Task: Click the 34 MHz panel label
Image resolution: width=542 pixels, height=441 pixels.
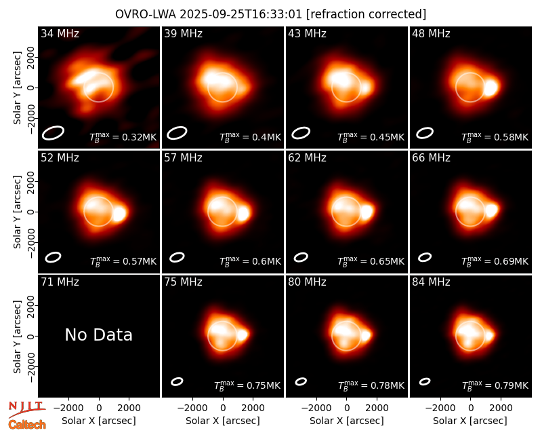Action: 60,33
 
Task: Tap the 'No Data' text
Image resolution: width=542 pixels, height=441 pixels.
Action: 98,334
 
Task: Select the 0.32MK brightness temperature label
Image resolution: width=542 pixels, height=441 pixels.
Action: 123,137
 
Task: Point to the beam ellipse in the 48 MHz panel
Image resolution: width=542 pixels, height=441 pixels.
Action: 425,133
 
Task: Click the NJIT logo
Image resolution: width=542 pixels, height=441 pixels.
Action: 26,409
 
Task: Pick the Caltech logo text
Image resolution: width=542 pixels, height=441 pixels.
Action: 27,425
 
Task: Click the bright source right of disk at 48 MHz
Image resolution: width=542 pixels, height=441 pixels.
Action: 491,88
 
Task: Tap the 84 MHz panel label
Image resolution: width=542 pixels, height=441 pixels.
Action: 431,282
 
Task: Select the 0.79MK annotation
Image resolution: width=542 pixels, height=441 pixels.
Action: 495,385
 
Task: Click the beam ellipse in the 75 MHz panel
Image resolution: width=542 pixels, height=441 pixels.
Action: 177,381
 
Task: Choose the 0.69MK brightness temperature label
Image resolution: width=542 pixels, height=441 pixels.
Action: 495,261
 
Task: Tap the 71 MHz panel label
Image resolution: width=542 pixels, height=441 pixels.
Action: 60,282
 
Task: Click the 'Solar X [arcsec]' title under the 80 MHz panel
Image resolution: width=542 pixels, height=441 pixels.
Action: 347,421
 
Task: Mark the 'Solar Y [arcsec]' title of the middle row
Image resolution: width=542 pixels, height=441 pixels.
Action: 17,212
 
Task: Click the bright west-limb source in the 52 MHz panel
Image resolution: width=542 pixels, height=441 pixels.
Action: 119,213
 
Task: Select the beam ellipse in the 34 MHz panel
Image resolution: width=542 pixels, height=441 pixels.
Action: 54,133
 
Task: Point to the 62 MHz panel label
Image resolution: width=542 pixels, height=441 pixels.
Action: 308,158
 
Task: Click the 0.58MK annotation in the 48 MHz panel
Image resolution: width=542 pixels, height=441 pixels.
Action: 495,137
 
